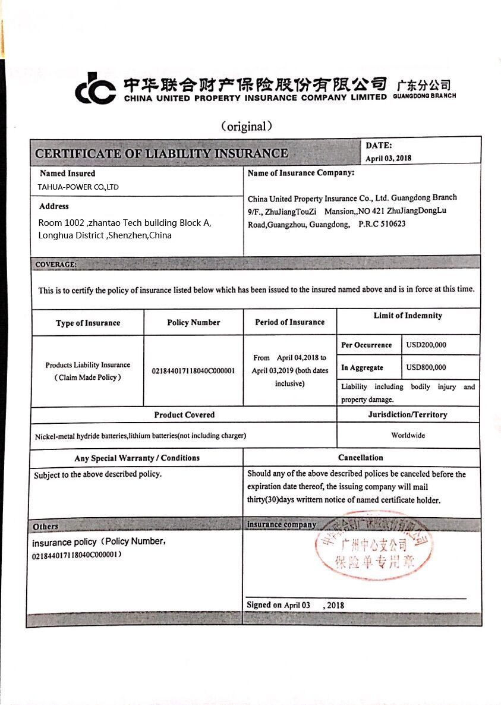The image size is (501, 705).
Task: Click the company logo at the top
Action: tap(95, 88)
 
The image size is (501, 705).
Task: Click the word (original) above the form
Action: tap(247, 126)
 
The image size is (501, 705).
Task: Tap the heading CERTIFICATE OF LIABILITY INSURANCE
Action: tap(161, 153)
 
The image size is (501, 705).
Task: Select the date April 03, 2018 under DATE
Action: tap(389, 158)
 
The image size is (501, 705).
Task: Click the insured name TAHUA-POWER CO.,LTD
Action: tap(78, 187)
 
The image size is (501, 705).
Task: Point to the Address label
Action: tap(54, 206)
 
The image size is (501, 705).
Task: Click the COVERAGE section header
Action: tap(55, 264)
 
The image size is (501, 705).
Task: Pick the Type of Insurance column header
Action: tap(88, 323)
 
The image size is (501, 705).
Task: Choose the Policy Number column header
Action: tap(194, 322)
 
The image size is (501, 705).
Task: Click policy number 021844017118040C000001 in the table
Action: tap(194, 370)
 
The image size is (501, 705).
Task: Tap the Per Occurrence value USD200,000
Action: tap(426, 345)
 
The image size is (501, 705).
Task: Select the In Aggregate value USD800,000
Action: tap(426, 367)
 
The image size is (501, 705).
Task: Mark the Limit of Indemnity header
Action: tap(408, 316)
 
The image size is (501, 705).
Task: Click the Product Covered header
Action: tap(184, 414)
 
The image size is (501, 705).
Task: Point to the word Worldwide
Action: tap(408, 435)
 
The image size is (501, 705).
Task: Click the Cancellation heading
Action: tap(361, 458)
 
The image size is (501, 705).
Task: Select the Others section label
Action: tap(46, 526)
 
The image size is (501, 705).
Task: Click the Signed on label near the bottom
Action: tap(264, 605)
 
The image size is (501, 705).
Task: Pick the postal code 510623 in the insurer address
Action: tap(393, 224)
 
